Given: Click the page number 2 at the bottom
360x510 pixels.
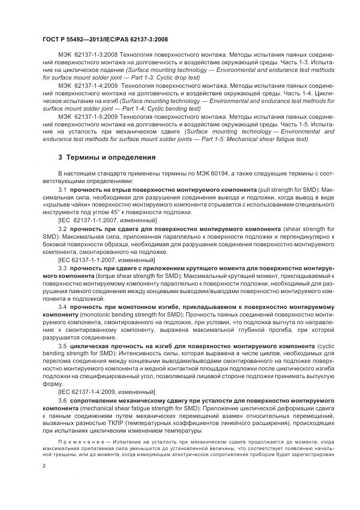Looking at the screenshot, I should [44, 466].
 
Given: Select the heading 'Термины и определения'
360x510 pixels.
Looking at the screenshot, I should [111, 157].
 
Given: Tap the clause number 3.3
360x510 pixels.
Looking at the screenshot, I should [62, 269].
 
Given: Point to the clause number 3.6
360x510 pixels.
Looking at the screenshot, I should [62, 400].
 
